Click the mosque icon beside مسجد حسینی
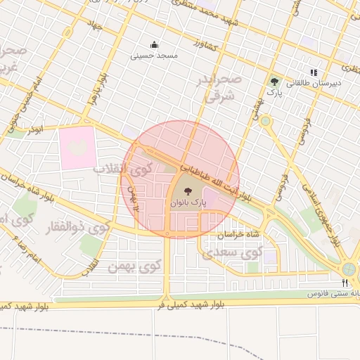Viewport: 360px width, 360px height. tap(155, 44)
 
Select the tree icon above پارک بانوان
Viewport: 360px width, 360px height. tap(188, 190)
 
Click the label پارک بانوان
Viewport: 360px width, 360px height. tap(188, 202)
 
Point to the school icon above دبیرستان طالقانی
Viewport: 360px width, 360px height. tap(314, 72)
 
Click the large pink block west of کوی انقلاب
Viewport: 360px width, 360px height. tap(77, 146)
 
